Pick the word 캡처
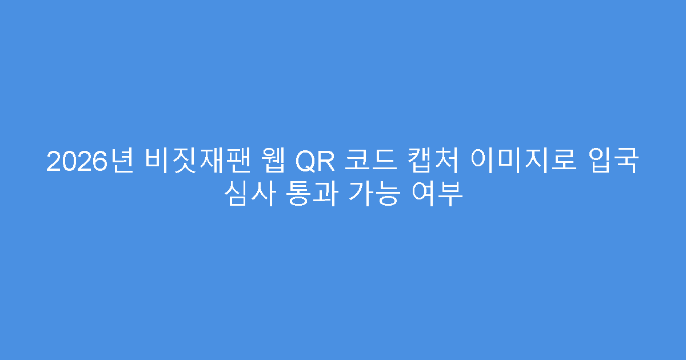point(428,162)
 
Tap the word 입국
point(613,162)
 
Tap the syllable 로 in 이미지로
point(561,162)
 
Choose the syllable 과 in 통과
point(322,195)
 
